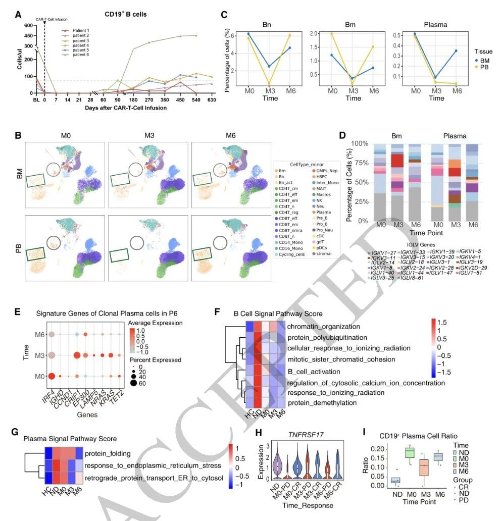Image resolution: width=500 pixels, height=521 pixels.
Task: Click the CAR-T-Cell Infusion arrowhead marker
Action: [45, 23]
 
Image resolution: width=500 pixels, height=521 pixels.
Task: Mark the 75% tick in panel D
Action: [361, 163]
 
